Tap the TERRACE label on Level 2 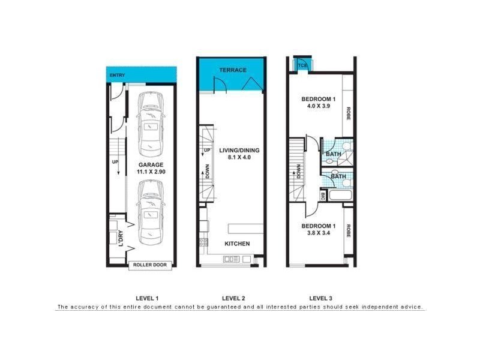point(232,70)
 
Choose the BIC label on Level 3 point(323,196)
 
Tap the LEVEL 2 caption point(233,298)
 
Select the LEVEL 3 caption point(320,298)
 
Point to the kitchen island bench point(246,228)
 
